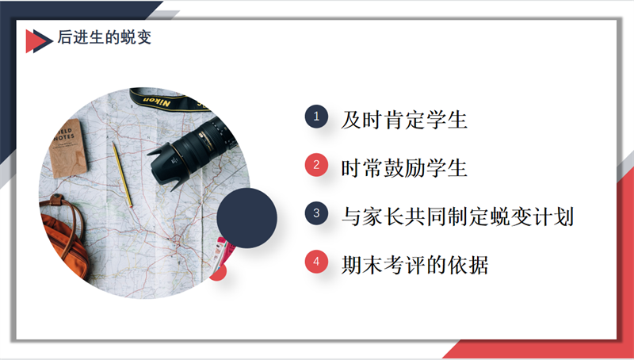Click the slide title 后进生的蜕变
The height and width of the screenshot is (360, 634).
105,37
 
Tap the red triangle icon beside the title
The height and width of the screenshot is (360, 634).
32,41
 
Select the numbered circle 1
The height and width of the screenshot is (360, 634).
316,117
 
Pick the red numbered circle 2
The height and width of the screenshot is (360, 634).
316,165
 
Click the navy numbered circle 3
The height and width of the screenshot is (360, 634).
316,213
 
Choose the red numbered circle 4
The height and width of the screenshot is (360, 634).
316,262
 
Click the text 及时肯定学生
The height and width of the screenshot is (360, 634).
404,121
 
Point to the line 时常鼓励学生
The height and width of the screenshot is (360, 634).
404,168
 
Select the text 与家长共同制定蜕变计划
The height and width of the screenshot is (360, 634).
457,216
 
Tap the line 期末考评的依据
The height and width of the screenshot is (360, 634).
414,265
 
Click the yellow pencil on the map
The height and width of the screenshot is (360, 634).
122,174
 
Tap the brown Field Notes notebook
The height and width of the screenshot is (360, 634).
67,148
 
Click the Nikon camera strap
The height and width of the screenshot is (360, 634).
170,99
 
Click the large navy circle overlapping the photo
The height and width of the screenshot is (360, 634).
246,217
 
